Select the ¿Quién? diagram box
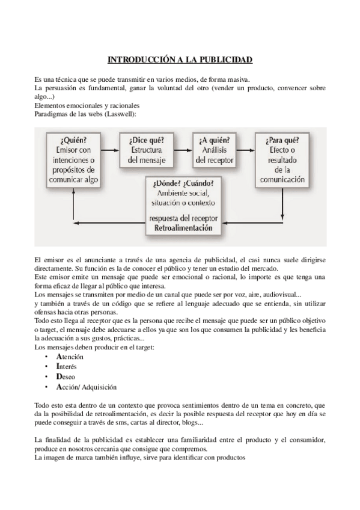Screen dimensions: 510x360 pos(75,159)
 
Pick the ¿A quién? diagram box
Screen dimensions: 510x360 pos(216,150)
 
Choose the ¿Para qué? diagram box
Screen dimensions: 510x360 pos(282,159)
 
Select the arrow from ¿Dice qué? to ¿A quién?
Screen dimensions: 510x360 pos(183,144)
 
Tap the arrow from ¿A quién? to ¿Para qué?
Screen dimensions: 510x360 pos(247,144)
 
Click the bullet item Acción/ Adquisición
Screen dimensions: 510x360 pos(86,387)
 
